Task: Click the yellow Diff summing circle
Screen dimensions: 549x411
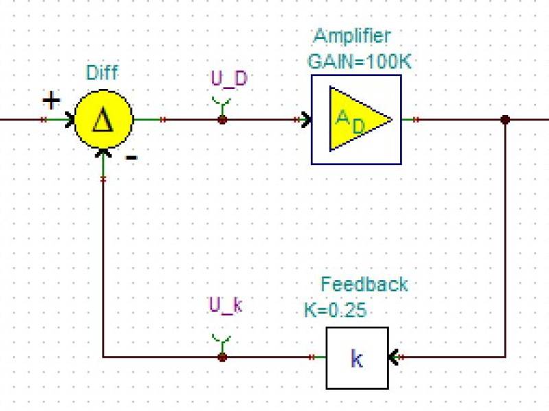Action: (x=104, y=119)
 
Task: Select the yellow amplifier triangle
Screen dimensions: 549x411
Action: (x=353, y=119)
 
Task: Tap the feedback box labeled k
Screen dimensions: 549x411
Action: (x=357, y=358)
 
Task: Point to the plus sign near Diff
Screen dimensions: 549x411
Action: (x=51, y=101)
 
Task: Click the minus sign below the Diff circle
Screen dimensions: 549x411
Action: (x=132, y=158)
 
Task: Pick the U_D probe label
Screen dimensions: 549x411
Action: (x=229, y=79)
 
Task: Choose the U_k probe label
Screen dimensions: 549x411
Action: (x=226, y=306)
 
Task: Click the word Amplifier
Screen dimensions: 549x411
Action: (x=352, y=36)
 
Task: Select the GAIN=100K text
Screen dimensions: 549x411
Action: (x=359, y=62)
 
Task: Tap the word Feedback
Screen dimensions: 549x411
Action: (x=364, y=284)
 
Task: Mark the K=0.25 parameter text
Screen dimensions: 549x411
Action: (x=335, y=310)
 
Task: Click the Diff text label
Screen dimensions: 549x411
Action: (x=102, y=73)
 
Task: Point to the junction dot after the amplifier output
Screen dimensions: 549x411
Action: (x=505, y=120)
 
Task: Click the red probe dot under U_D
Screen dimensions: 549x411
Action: (x=222, y=120)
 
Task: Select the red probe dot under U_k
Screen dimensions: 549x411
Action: (x=222, y=357)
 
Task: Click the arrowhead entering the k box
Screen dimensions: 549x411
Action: (x=393, y=357)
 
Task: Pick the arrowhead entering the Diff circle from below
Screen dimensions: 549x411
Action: (x=104, y=153)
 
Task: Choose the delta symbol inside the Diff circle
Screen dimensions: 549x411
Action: (x=102, y=120)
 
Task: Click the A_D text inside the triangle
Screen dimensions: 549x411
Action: (x=350, y=122)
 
